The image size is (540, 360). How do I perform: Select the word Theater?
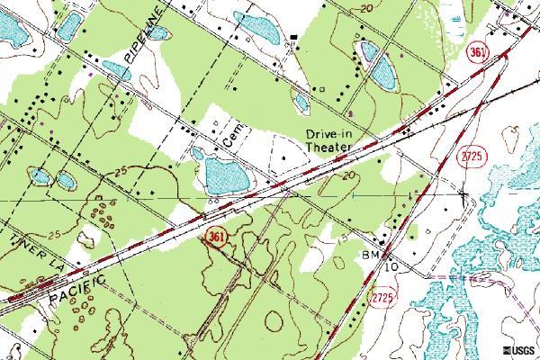pyautogui.click(x=329, y=149)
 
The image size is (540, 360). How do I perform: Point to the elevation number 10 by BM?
pyautogui.click(x=391, y=267)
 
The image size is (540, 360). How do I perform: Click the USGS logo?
pyautogui.click(x=517, y=350)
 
